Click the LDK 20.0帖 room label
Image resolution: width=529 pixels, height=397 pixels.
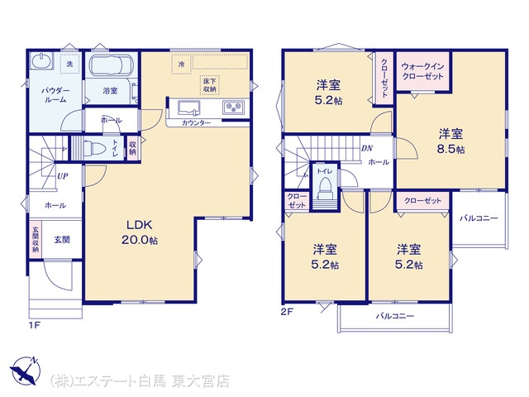(140, 232)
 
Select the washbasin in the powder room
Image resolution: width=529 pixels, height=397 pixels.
(42, 61)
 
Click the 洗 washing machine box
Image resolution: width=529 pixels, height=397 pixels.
(69, 63)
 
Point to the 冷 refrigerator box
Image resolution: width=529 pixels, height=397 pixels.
(182, 64)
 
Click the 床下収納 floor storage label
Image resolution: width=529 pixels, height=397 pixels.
(209, 85)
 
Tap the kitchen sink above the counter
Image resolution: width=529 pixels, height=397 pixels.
(188, 108)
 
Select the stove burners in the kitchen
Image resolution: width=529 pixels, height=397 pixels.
(233, 108)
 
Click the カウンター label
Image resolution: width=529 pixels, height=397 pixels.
(197, 123)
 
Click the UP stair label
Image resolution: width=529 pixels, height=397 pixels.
(63, 176)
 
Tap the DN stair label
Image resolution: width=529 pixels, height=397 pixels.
(367, 148)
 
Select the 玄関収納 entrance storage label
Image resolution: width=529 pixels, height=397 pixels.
(36, 239)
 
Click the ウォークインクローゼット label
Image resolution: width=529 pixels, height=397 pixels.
(422, 71)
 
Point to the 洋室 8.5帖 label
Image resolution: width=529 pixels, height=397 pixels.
(450, 141)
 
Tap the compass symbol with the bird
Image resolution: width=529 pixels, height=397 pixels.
(25, 371)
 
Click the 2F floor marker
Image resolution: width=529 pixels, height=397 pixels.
(286, 312)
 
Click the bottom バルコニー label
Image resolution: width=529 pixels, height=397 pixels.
(395, 316)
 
